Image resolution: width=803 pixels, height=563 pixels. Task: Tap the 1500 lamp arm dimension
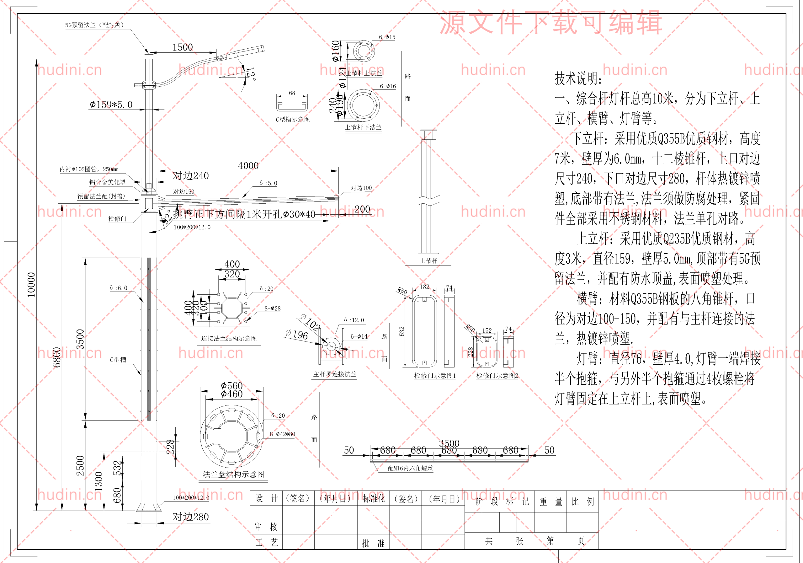[183, 47]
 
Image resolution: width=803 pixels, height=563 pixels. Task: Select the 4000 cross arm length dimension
[248, 165]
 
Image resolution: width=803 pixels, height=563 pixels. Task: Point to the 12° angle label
[250, 74]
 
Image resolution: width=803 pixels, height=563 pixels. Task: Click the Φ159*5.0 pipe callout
[111, 105]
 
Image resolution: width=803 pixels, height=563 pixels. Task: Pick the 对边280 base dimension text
[191, 517]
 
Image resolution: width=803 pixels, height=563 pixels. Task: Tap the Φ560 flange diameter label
[231, 386]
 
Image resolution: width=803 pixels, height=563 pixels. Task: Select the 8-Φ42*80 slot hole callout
[282, 434]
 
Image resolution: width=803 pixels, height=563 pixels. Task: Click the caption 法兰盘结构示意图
[234, 475]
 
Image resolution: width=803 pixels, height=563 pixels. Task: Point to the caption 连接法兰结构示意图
[229, 338]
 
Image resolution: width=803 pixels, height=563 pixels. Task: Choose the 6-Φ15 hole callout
[387, 37]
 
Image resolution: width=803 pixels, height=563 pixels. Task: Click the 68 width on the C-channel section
[292, 93]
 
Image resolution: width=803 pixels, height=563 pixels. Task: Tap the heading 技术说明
[578, 78]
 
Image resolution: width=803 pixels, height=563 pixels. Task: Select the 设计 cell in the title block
[266, 498]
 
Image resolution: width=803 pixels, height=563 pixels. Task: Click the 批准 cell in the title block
[373, 543]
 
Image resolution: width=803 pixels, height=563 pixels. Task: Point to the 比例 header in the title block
[583, 502]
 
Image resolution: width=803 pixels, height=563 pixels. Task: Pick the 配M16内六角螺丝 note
[410, 468]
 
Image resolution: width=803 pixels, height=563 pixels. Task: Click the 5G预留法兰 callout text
[94, 25]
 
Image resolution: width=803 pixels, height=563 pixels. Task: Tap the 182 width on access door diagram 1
[424, 287]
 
